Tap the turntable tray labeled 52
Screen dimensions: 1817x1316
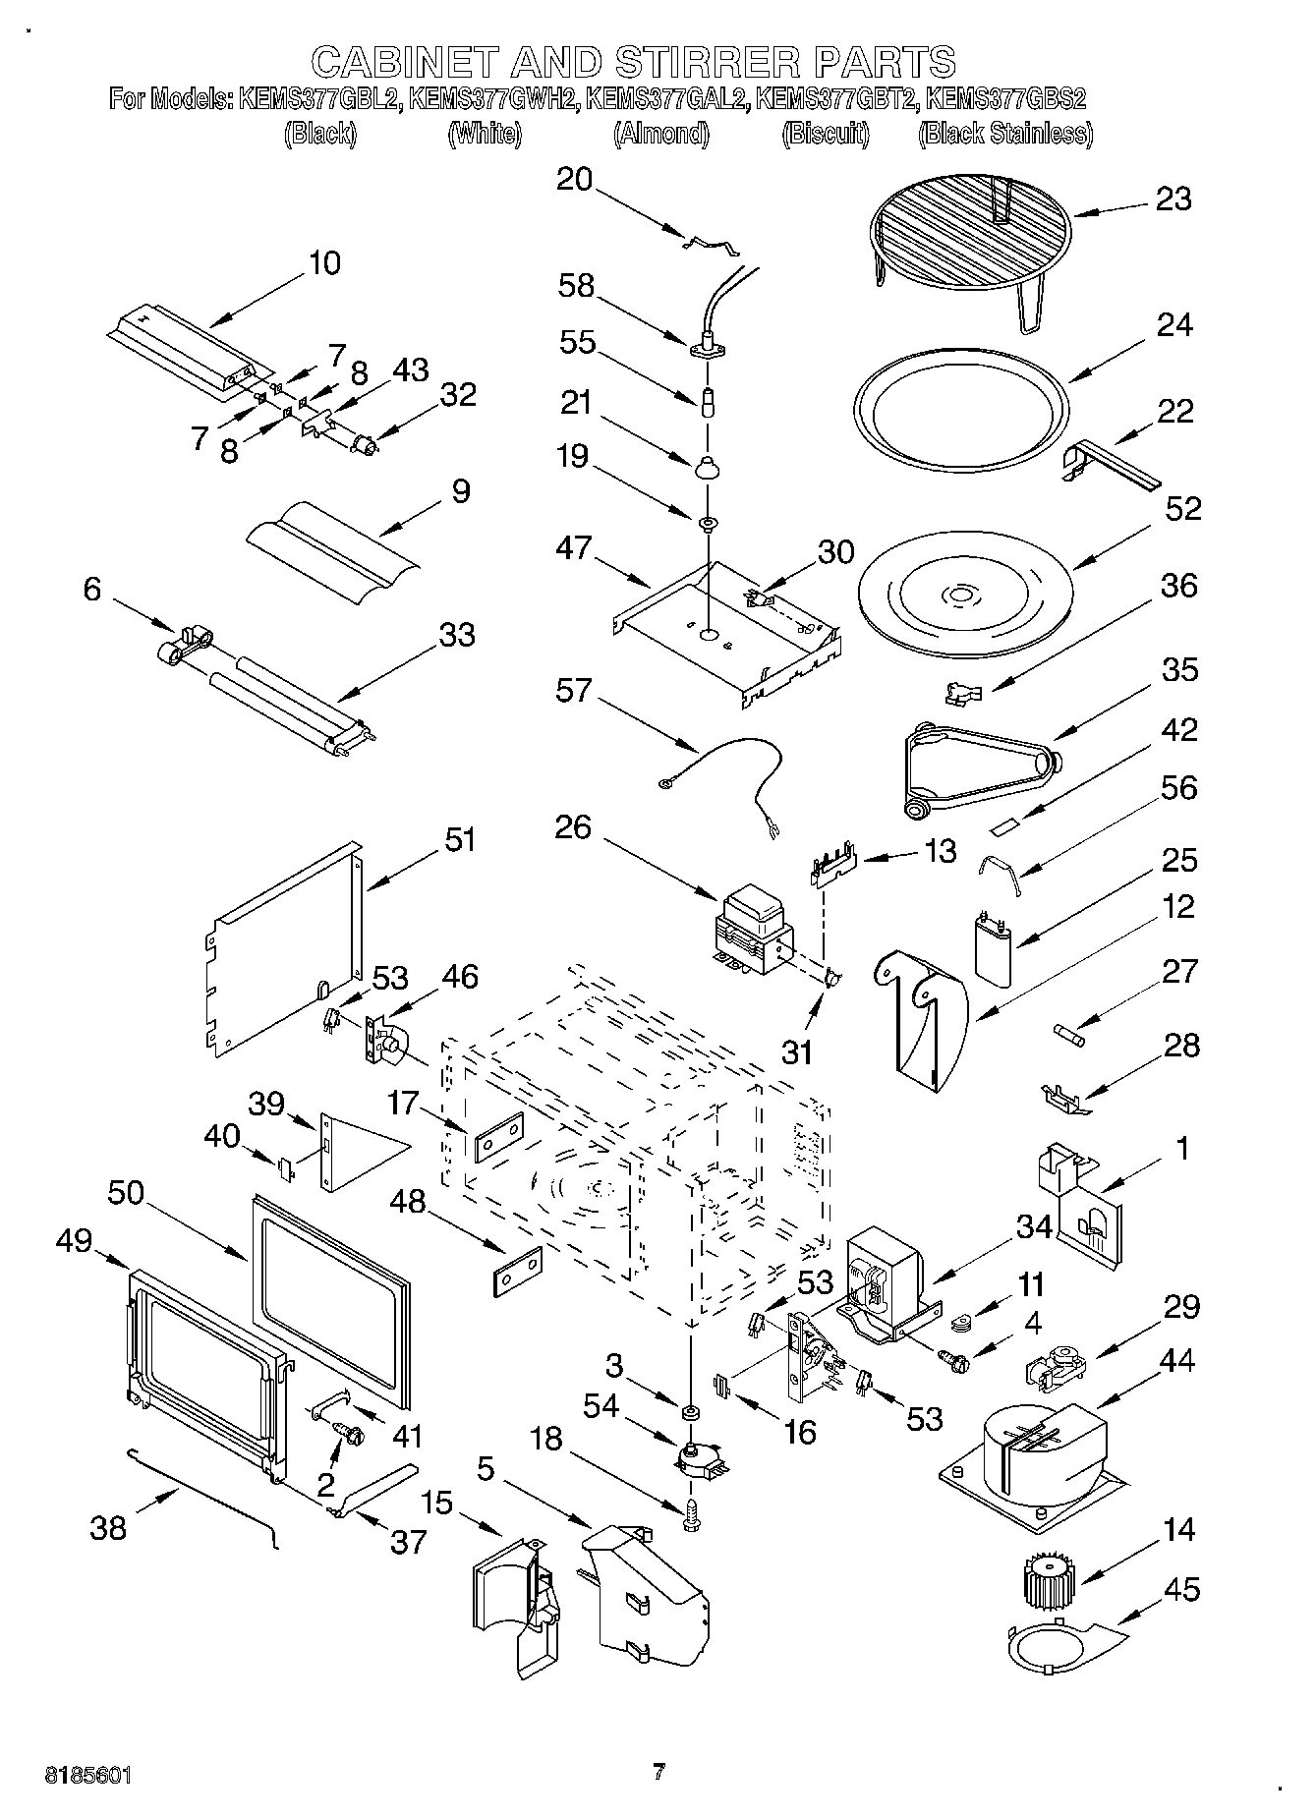click(963, 596)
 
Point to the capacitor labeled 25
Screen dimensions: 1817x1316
click(995, 945)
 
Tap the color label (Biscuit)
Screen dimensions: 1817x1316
click(826, 134)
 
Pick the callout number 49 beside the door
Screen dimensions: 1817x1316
click(73, 1241)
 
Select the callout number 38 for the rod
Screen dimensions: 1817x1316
click(108, 1527)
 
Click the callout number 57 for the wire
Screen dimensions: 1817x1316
click(573, 691)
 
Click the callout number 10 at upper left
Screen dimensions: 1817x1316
click(324, 263)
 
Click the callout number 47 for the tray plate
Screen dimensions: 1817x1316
click(573, 547)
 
